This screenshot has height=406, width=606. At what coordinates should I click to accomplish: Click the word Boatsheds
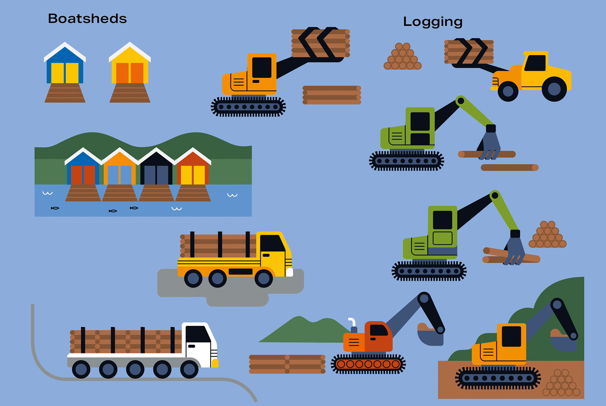coord(87,19)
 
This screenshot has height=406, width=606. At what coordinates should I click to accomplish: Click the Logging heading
coord(433,22)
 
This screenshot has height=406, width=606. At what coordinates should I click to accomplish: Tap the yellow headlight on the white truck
coord(215,363)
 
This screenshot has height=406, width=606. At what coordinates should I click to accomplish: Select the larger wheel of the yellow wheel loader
coord(554,89)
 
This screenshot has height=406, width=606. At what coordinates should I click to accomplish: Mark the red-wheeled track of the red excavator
coord(368,364)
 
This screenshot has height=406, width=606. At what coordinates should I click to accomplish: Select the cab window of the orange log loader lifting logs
coord(262,67)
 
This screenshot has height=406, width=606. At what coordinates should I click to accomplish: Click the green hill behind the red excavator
coord(303,331)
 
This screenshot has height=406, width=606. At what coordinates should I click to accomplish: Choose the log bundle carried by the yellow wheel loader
coord(469,51)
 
